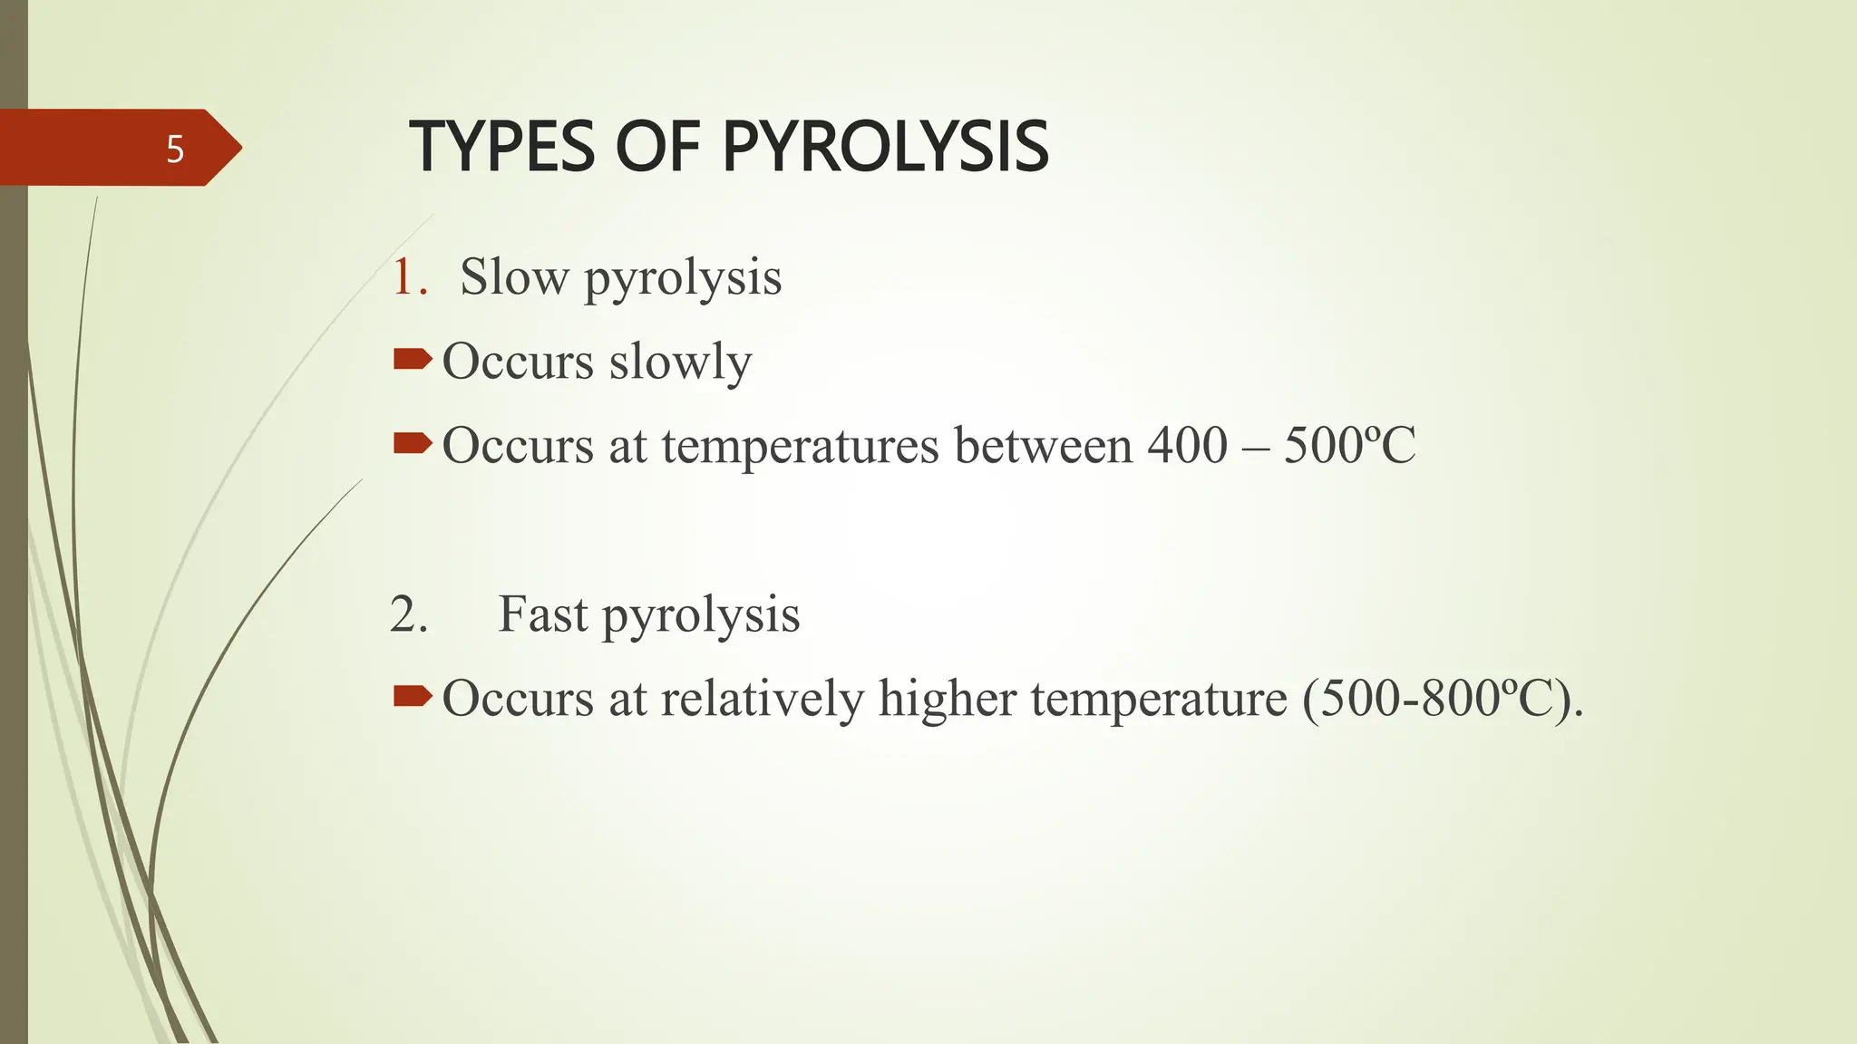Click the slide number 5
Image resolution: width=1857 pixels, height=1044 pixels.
pyautogui.click(x=175, y=150)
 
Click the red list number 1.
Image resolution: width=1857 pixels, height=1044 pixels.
pyautogui.click(x=407, y=276)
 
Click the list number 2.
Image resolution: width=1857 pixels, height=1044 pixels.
pyautogui.click(x=408, y=614)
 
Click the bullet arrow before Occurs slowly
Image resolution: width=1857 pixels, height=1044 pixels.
pyautogui.click(x=413, y=361)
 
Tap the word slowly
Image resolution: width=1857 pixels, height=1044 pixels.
pyautogui.click(x=680, y=362)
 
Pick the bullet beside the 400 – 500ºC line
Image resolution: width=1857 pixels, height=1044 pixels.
pyautogui.click(x=413, y=443)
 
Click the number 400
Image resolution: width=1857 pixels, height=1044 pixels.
pyautogui.click(x=1187, y=445)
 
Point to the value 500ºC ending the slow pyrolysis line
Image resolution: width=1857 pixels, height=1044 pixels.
pyautogui.click(x=1349, y=445)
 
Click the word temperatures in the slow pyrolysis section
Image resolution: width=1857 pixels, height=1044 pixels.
pyautogui.click(x=800, y=447)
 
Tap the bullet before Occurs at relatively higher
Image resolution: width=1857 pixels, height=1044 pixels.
pyautogui.click(x=413, y=696)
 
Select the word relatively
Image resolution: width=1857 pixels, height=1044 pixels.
pyautogui.click(x=762, y=700)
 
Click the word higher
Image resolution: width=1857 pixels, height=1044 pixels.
pyautogui.click(x=947, y=700)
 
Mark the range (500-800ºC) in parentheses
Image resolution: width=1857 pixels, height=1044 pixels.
pyautogui.click(x=1442, y=700)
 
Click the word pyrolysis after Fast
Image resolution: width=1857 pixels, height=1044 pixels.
pyautogui.click(x=701, y=616)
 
